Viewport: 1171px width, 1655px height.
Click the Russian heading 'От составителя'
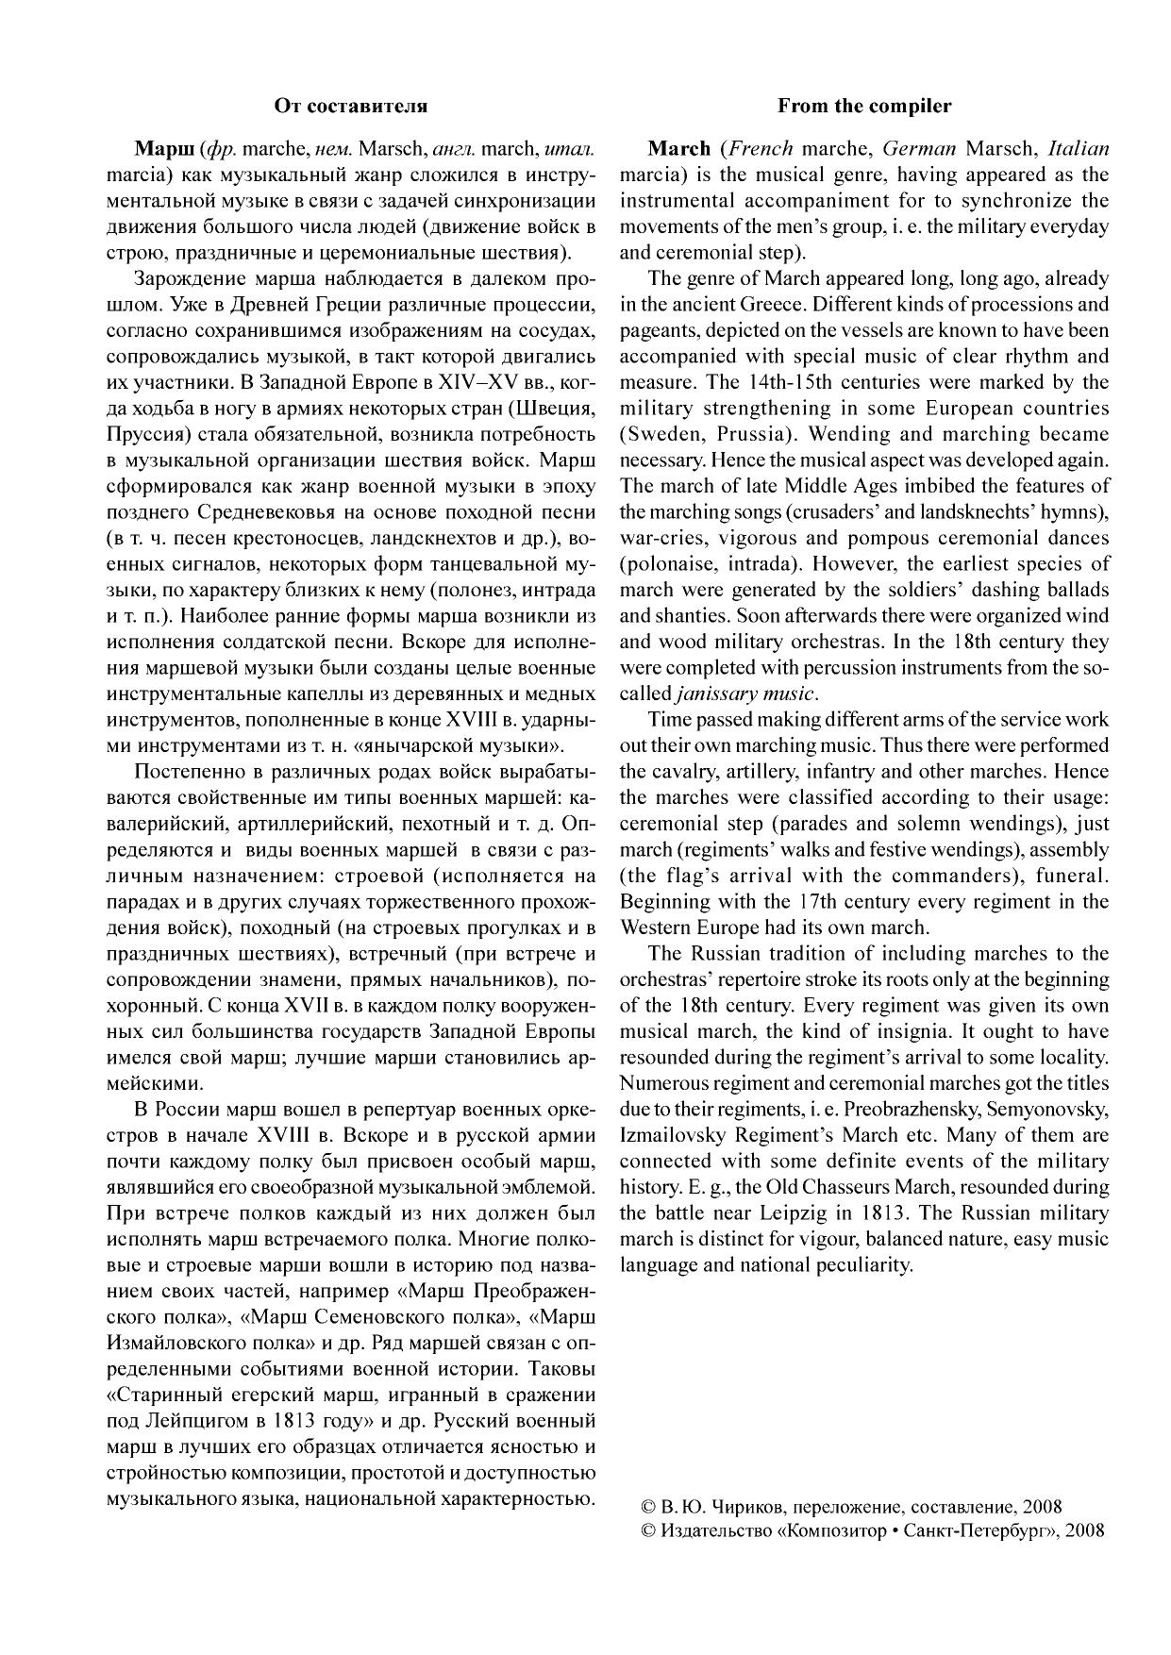coord(350,106)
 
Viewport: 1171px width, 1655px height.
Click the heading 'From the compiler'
coord(864,106)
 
